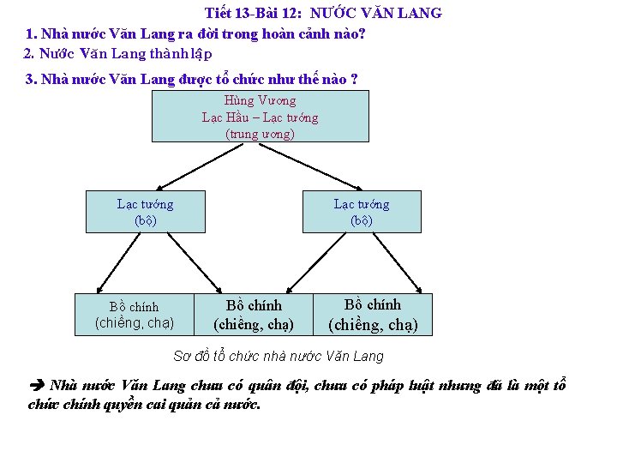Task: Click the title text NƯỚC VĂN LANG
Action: tap(376, 14)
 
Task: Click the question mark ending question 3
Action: tap(354, 80)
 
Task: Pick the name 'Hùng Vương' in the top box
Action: tap(260, 100)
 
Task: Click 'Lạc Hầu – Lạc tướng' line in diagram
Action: tap(260, 117)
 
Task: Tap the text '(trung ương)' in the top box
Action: tap(260, 134)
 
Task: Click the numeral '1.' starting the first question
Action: tap(32, 34)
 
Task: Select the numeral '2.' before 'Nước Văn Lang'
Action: tap(29, 53)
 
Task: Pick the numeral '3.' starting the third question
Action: tap(32, 80)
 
